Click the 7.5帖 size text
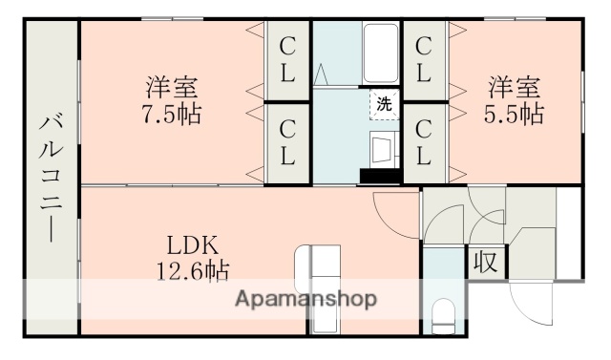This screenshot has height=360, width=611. (x=173, y=115)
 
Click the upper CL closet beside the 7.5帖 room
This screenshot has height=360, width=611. (x=286, y=59)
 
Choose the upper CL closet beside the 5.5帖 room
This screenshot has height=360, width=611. (x=425, y=59)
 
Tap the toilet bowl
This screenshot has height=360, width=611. (x=443, y=315)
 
